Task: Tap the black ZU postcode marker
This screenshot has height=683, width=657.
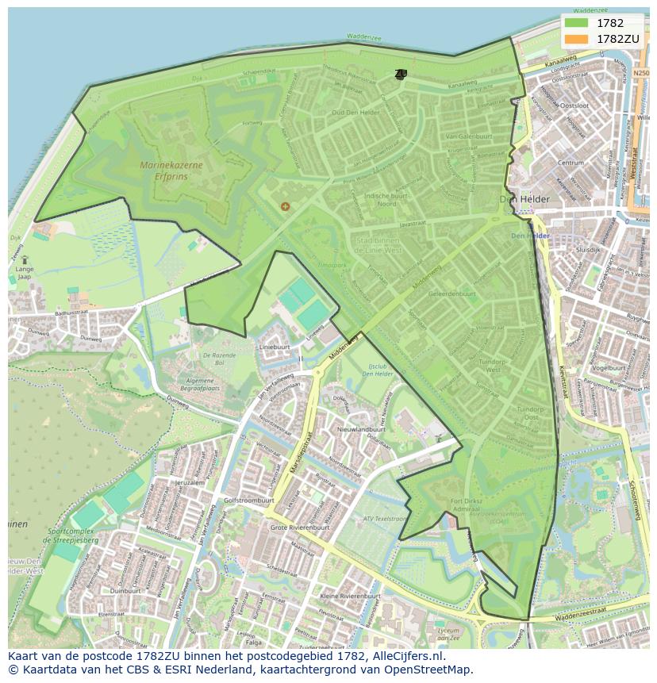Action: click(x=400, y=75)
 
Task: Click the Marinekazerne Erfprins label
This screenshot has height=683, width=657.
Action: click(x=171, y=171)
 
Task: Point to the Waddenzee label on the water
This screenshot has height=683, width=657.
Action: click(x=364, y=36)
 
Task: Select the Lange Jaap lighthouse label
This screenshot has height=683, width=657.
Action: click(x=25, y=272)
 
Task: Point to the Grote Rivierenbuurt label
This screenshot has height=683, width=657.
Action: click(x=300, y=527)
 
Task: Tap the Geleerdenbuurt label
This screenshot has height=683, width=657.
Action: click(x=451, y=293)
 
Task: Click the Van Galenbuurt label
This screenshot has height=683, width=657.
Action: click(x=469, y=136)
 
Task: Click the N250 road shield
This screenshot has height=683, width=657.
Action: click(x=641, y=73)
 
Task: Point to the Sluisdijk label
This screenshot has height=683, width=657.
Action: click(x=588, y=248)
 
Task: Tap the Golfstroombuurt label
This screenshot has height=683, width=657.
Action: click(x=249, y=501)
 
